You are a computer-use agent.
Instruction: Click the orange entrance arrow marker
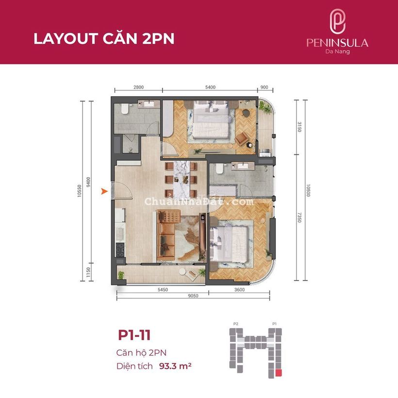(104, 191)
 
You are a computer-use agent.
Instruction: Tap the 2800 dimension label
(139, 87)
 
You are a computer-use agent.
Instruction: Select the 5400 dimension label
(211, 87)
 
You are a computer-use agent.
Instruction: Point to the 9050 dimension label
(193, 296)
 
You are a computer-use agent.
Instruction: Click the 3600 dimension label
(239, 290)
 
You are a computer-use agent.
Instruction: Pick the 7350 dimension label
(299, 217)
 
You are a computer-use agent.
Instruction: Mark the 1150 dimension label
(88, 272)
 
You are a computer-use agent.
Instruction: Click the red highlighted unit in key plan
(279, 373)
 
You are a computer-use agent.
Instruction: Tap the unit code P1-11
(134, 335)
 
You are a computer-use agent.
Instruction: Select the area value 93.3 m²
(175, 366)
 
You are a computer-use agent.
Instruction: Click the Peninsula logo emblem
(337, 21)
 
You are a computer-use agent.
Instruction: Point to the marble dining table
(182, 179)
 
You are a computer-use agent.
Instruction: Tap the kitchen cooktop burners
(120, 250)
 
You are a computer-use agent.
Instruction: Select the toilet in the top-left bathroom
(125, 108)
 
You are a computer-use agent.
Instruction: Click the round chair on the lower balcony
(182, 272)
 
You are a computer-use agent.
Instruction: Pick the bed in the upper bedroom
(211, 119)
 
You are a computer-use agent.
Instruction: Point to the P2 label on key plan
(236, 324)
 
